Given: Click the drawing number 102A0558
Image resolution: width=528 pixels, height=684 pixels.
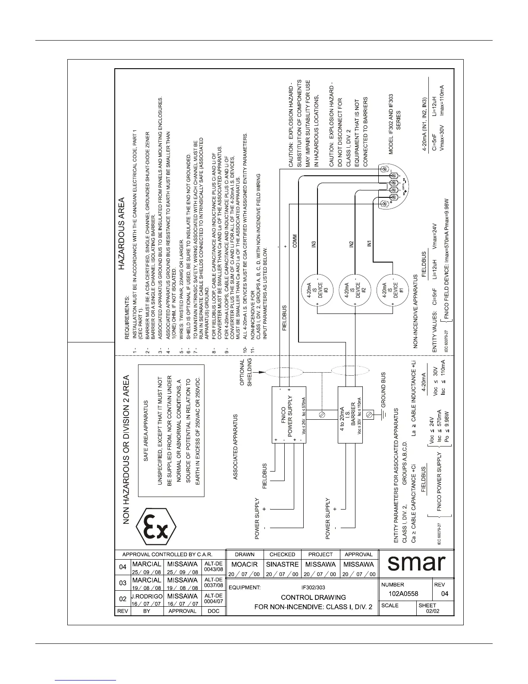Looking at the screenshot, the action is pyautogui.click(x=403, y=594).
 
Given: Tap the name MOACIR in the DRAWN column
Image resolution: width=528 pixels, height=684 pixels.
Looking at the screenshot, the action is pyautogui.click(x=245, y=564).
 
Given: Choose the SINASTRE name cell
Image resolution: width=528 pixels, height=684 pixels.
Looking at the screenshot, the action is pyautogui.click(x=282, y=564).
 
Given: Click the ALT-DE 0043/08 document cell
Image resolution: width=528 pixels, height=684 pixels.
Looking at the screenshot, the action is pyautogui.click(x=214, y=567).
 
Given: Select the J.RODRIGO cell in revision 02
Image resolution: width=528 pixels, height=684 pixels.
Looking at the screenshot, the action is pyautogui.click(x=146, y=596).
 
